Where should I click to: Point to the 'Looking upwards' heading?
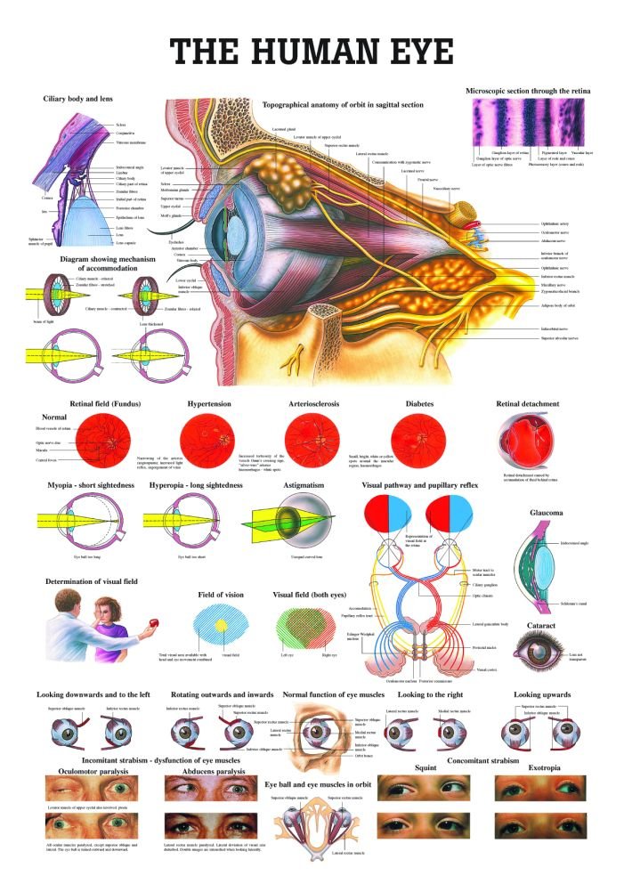point(542,693)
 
